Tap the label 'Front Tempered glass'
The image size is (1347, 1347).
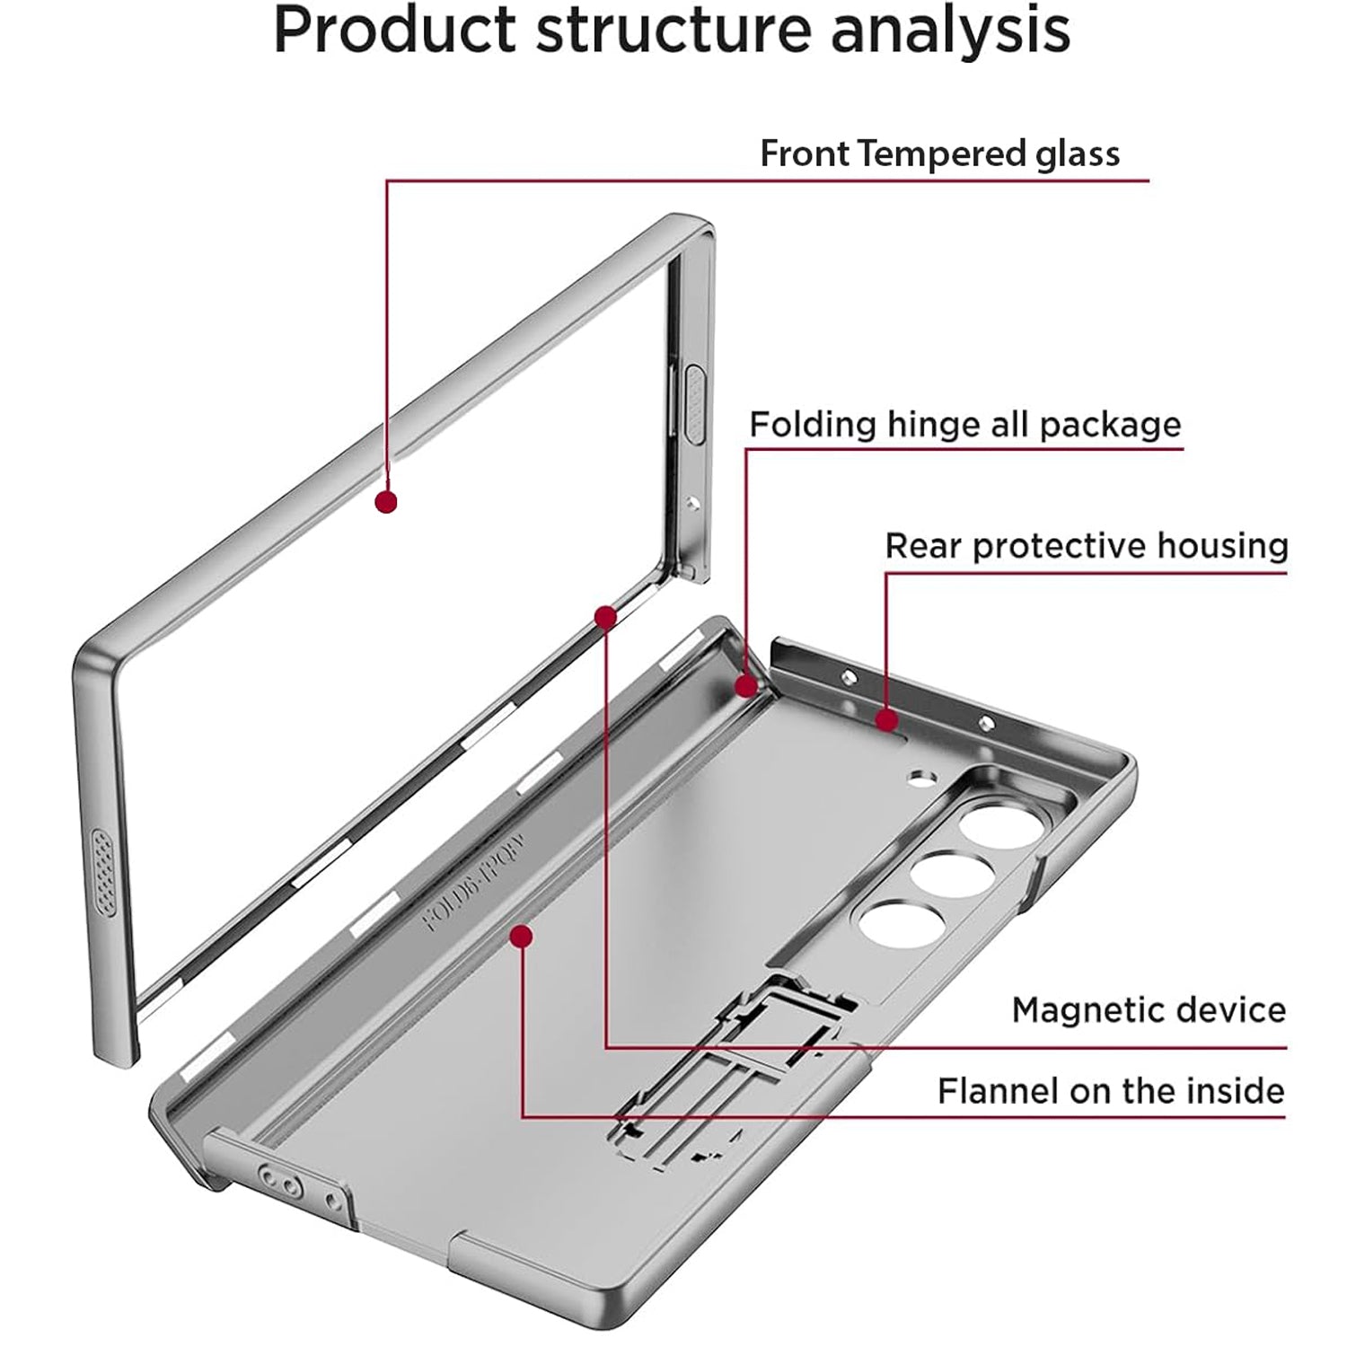coord(939,154)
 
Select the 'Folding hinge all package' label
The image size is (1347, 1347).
coord(965,424)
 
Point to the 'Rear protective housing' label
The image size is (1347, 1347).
coord(1087,546)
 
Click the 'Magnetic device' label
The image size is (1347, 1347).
coord(1149,1010)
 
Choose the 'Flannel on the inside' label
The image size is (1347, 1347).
coord(1111,1091)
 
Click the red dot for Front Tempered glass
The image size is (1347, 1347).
coord(386,502)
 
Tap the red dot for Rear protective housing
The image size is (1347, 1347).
coord(886,720)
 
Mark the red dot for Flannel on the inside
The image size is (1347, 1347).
coord(521,938)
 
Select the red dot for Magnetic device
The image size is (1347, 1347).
coord(606,617)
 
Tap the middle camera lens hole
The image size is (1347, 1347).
coord(938,874)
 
